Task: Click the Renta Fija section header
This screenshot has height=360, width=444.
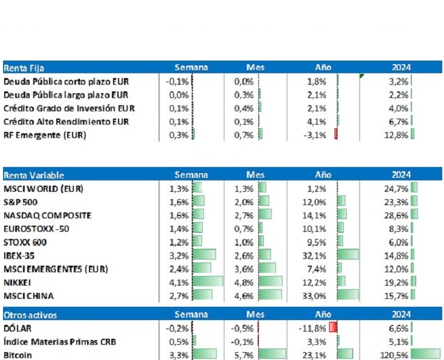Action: [x=24, y=68]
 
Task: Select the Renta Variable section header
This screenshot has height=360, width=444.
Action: [x=34, y=175]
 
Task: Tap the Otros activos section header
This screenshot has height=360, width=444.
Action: [x=31, y=315]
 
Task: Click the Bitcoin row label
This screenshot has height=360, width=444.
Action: [x=18, y=355]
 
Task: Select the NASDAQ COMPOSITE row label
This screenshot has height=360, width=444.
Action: [x=47, y=215]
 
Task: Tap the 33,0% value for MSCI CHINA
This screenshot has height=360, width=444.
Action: [x=318, y=295]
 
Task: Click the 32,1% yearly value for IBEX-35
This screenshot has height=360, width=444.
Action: [x=318, y=255]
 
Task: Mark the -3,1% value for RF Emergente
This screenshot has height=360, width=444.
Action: [x=318, y=134]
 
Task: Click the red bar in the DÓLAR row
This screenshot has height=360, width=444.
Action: [x=333, y=328]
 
